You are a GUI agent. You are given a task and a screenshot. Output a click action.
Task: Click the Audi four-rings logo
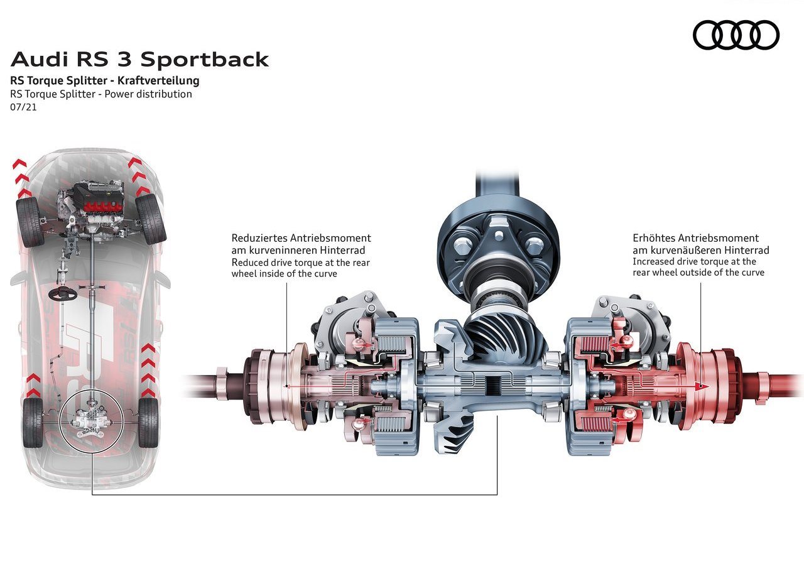pyautogui.click(x=736, y=35)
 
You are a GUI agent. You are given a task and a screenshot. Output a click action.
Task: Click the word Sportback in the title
pyautogui.click(x=205, y=59)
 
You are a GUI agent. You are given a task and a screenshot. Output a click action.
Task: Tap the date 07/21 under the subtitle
pyautogui.click(x=23, y=107)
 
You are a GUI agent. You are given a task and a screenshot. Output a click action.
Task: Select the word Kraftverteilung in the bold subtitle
pyautogui.click(x=158, y=80)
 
